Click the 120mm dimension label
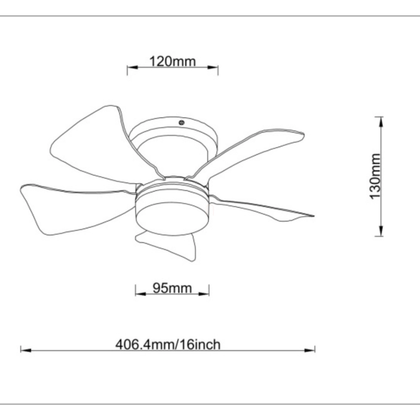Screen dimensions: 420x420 tap(173, 61)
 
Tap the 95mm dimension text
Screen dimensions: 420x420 tap(172, 288)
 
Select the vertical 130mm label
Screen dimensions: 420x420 tap(375, 176)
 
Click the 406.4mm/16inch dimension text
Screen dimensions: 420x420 tap(168, 344)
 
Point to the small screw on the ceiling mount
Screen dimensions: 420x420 tap(181, 123)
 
